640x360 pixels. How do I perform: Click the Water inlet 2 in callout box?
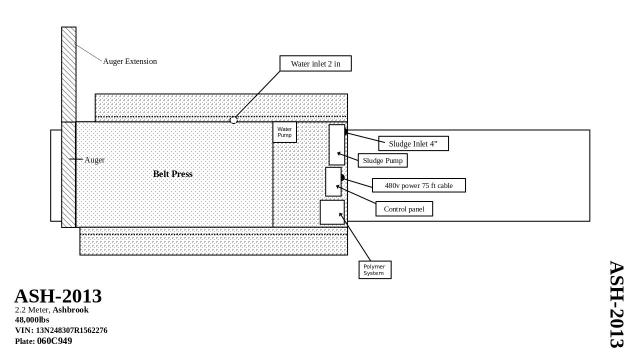(x=315, y=63)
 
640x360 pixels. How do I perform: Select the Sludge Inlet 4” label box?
(x=413, y=143)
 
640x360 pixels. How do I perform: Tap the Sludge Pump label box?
(x=383, y=160)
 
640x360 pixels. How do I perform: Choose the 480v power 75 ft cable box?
(x=419, y=185)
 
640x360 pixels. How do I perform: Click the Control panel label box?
(x=404, y=209)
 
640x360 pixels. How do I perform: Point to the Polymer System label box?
(x=375, y=270)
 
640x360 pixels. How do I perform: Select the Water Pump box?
(x=284, y=132)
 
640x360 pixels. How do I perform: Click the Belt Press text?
(x=172, y=174)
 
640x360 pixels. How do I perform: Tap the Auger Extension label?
(x=130, y=61)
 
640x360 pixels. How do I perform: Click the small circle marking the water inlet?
(x=233, y=120)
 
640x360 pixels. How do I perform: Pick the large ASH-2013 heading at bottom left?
(x=58, y=296)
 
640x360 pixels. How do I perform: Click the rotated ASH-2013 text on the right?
(x=616, y=304)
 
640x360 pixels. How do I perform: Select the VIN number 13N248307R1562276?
(x=71, y=330)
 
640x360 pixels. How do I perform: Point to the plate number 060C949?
(x=54, y=341)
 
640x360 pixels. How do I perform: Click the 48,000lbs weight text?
(x=32, y=320)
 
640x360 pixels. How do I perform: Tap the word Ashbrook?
(x=70, y=310)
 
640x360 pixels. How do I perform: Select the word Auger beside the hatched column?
(x=94, y=160)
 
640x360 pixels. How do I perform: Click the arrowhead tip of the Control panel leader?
(x=336, y=185)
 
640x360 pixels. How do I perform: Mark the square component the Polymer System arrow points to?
(x=332, y=212)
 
